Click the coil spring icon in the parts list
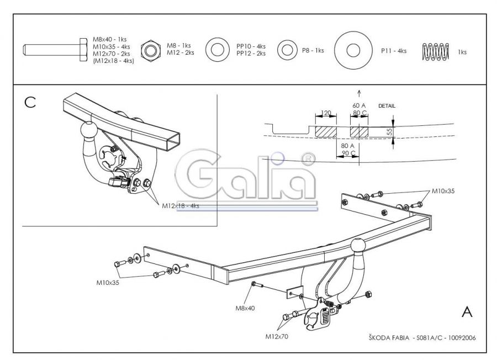click(436, 51)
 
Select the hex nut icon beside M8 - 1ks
click(151, 50)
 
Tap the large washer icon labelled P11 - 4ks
click(353, 50)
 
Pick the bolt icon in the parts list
click(55, 50)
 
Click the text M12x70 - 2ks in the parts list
click(111, 54)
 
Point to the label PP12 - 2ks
click(251, 54)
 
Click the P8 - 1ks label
click(313, 50)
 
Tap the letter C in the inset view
click(30, 102)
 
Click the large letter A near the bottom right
click(467, 312)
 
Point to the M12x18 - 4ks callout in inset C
click(181, 206)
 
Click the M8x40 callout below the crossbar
click(245, 308)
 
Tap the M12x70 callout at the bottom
click(277, 337)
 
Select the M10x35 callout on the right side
click(443, 191)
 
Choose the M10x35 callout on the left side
click(108, 282)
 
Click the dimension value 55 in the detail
click(389, 131)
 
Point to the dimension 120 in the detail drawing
click(326, 113)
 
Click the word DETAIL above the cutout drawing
click(387, 106)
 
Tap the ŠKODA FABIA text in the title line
click(389, 338)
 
